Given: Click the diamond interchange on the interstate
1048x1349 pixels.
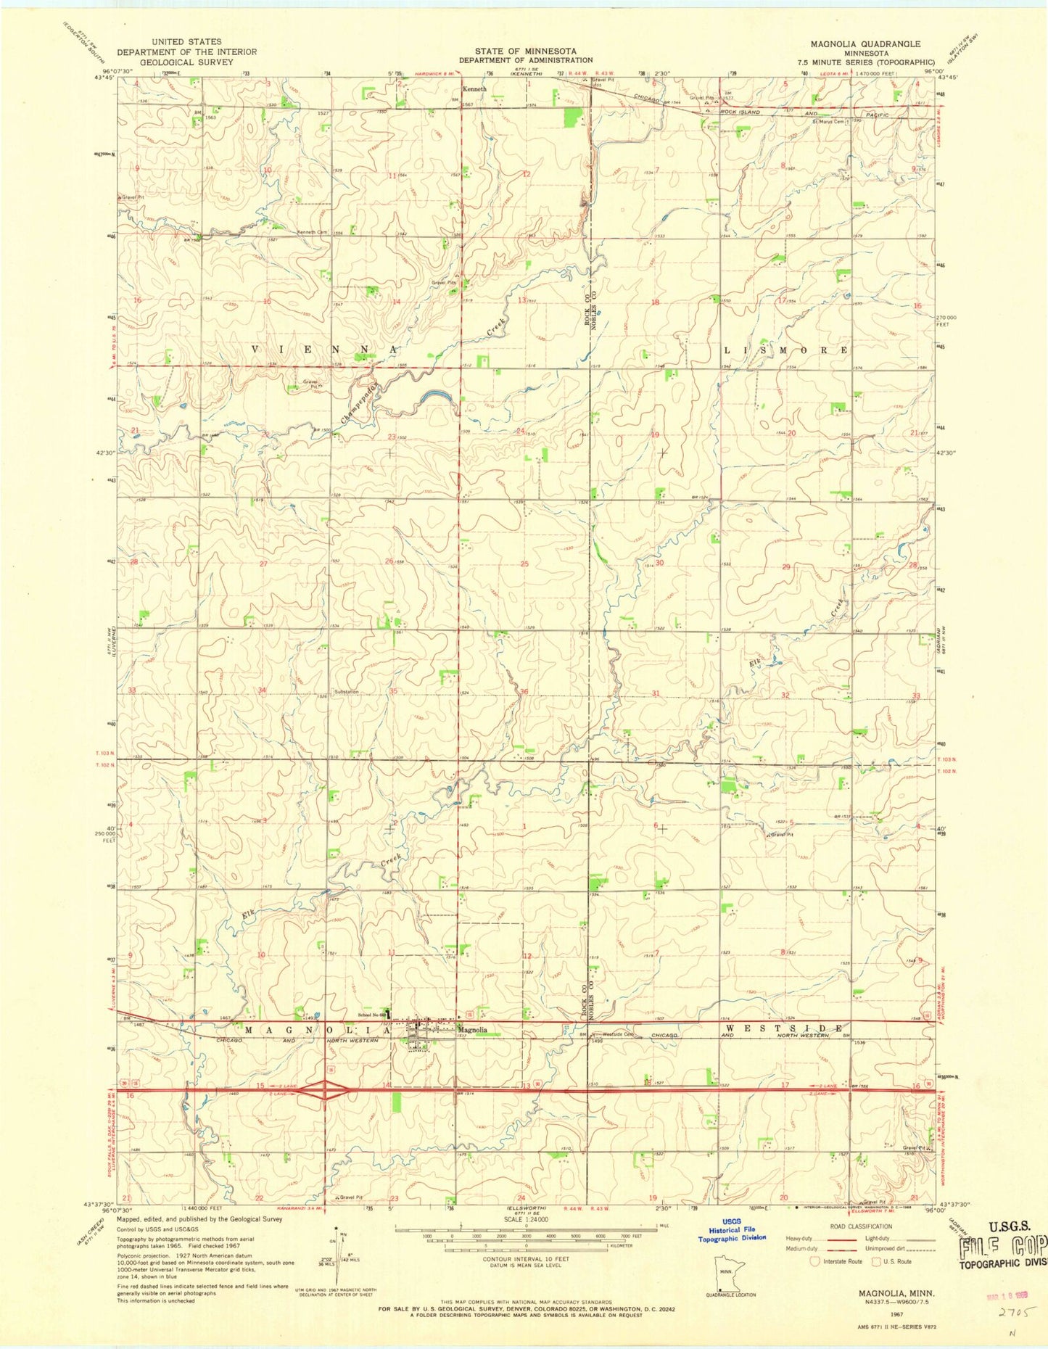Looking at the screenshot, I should (324, 1089).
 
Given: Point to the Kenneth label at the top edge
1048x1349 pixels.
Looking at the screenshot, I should (475, 89).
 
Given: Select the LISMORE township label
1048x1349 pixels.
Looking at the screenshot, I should (785, 350).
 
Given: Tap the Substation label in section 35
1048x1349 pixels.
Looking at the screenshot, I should (346, 692).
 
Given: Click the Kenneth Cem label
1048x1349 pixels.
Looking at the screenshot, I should (313, 232).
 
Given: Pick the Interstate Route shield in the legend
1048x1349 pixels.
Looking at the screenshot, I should (815, 1261).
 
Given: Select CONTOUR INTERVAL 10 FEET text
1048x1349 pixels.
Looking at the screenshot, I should (525, 1259).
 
